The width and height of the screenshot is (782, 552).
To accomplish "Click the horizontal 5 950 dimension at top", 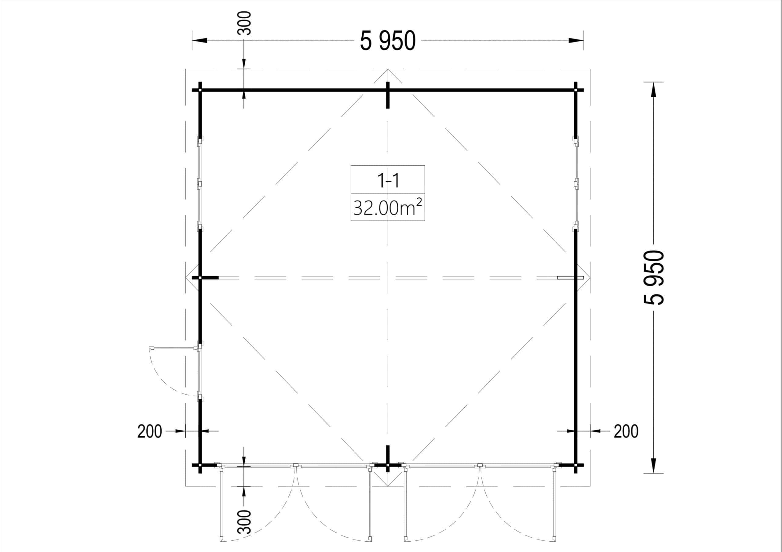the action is [388, 41].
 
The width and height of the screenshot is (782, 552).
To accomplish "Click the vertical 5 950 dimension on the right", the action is [654, 277].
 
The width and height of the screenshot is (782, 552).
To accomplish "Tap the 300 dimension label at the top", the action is [244, 23].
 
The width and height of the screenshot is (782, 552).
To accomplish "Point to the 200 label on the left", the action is [149, 431].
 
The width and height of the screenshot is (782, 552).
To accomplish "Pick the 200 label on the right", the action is [626, 431].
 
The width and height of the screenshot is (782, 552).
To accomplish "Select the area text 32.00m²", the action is [388, 207].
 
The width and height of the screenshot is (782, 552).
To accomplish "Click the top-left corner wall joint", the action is [200, 90].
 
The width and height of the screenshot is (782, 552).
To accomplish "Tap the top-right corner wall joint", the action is [576, 90].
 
